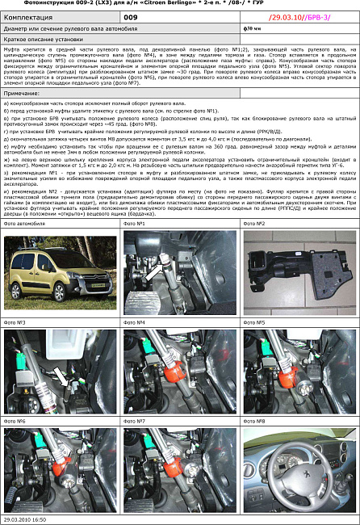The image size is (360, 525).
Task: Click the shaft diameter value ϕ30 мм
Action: click(x=252, y=27)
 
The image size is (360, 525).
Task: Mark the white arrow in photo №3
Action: click(x=62, y=374)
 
